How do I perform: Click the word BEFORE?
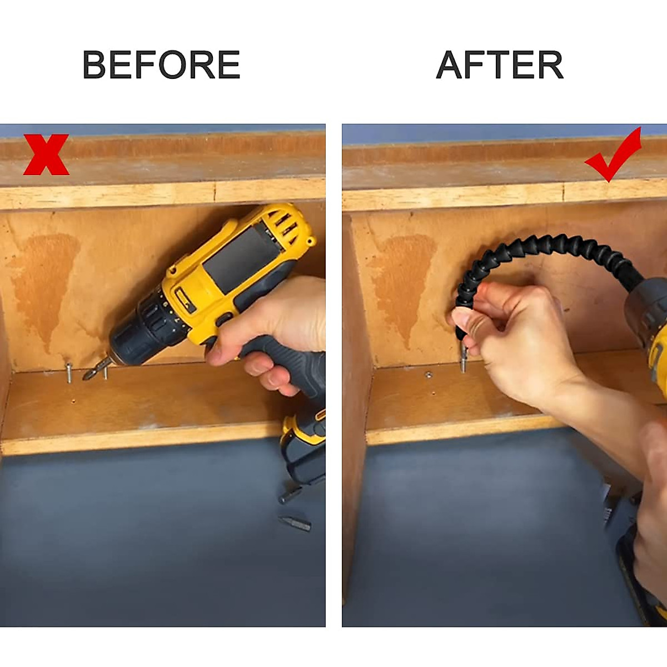pyautogui.click(x=161, y=64)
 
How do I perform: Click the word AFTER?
pyautogui.click(x=499, y=64)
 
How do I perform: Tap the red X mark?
pyautogui.click(x=46, y=155)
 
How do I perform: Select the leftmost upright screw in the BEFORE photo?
pyautogui.click(x=69, y=372)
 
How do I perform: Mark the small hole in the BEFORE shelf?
pyautogui.click(x=73, y=400)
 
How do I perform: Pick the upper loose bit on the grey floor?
pyautogui.click(x=290, y=494)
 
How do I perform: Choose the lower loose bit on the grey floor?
pyautogui.click(x=295, y=524)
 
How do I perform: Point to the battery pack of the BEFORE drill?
pyautogui.click(x=303, y=445)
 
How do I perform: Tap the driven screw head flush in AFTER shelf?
pyautogui.click(x=429, y=375)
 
